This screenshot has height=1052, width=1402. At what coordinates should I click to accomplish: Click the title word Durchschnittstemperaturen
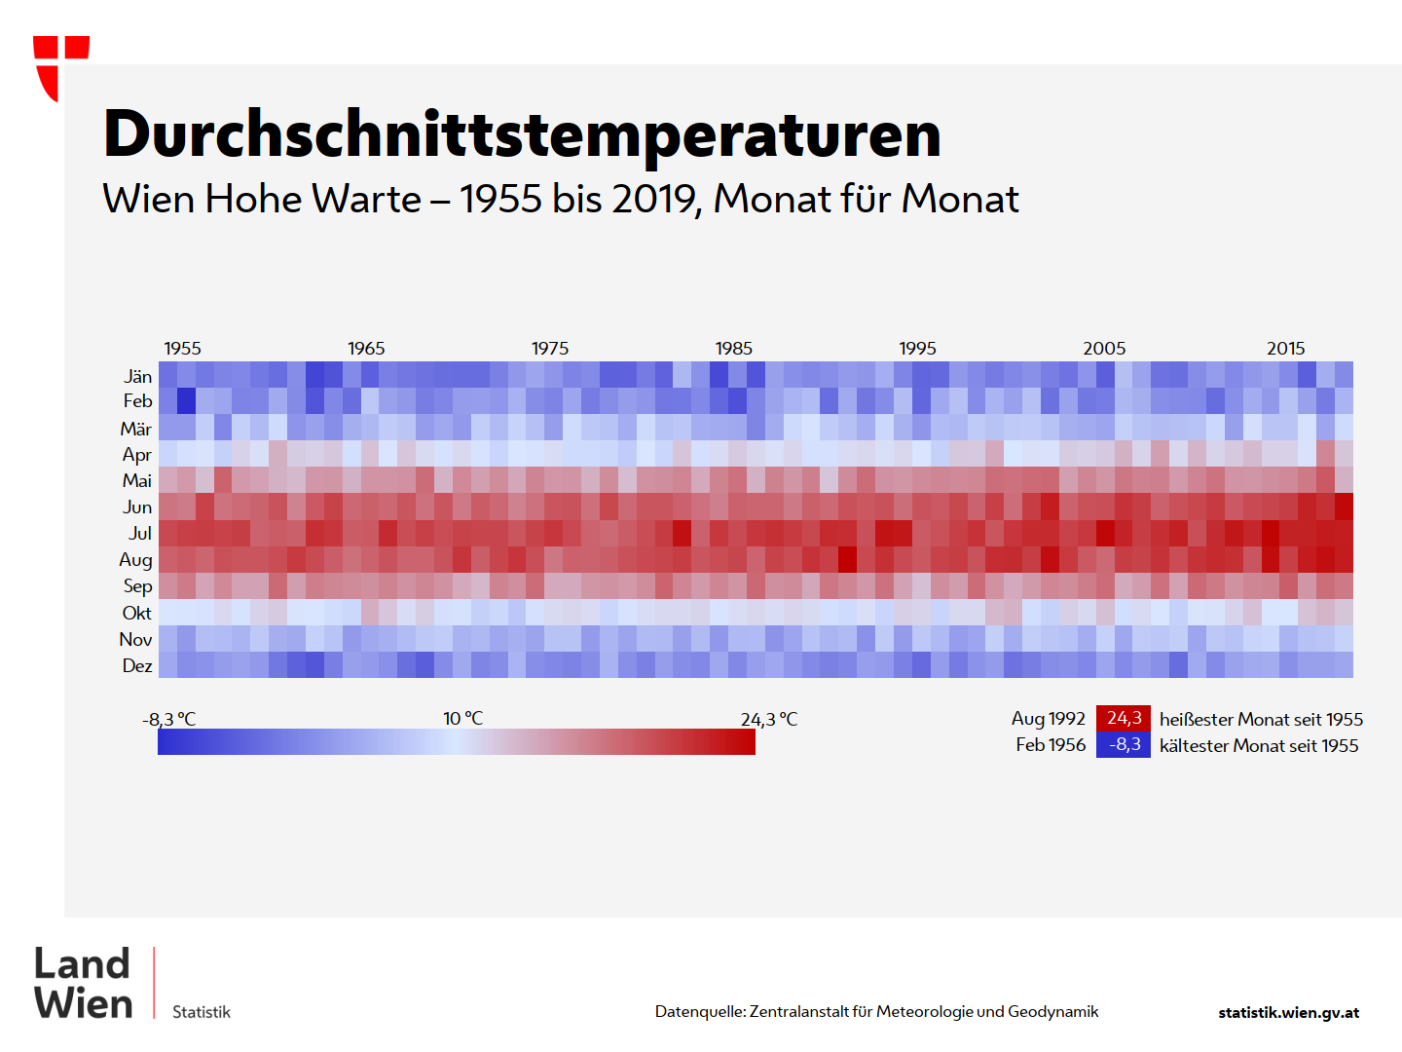tap(522, 134)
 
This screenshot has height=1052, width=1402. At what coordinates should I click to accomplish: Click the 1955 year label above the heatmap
tap(182, 349)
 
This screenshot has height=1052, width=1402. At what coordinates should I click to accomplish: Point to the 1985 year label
tap(733, 349)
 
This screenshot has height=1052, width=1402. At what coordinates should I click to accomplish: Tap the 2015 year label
tap(1285, 349)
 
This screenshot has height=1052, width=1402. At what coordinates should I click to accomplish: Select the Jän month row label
tap(138, 377)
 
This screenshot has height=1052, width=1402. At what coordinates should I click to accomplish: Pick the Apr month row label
tap(137, 455)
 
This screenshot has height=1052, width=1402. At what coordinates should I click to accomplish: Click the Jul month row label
tap(140, 534)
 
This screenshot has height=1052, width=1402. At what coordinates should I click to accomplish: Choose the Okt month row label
tap(137, 613)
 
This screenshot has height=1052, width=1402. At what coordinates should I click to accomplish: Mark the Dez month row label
tap(137, 666)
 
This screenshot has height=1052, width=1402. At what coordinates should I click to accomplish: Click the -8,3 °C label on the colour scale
tap(169, 720)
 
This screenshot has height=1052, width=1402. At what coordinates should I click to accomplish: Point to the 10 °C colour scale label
tap(462, 719)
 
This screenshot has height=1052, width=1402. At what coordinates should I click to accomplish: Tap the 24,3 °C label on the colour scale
tap(768, 720)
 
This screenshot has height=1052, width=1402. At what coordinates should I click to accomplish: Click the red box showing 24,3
tap(1124, 719)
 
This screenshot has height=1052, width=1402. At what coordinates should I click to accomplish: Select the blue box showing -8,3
tap(1124, 745)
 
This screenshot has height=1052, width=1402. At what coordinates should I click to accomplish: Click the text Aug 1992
tap(1048, 719)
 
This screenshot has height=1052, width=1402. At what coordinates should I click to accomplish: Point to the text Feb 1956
tap(1050, 745)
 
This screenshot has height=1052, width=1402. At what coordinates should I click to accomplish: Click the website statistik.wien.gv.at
tap(1288, 1013)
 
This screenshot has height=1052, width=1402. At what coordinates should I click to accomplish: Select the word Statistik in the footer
tap(202, 1012)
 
